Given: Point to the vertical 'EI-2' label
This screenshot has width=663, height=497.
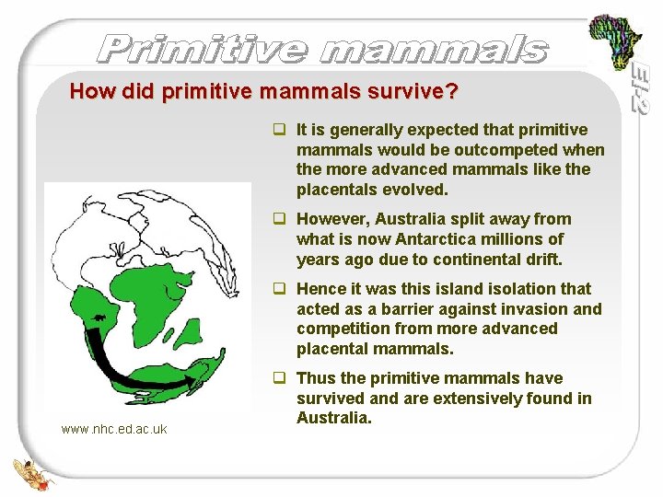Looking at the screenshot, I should (641, 88).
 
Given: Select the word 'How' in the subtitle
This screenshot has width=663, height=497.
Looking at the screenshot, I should (89, 92).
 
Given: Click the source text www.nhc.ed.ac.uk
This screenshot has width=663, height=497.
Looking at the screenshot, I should (114, 429).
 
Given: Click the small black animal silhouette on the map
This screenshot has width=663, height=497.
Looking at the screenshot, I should (99, 319).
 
